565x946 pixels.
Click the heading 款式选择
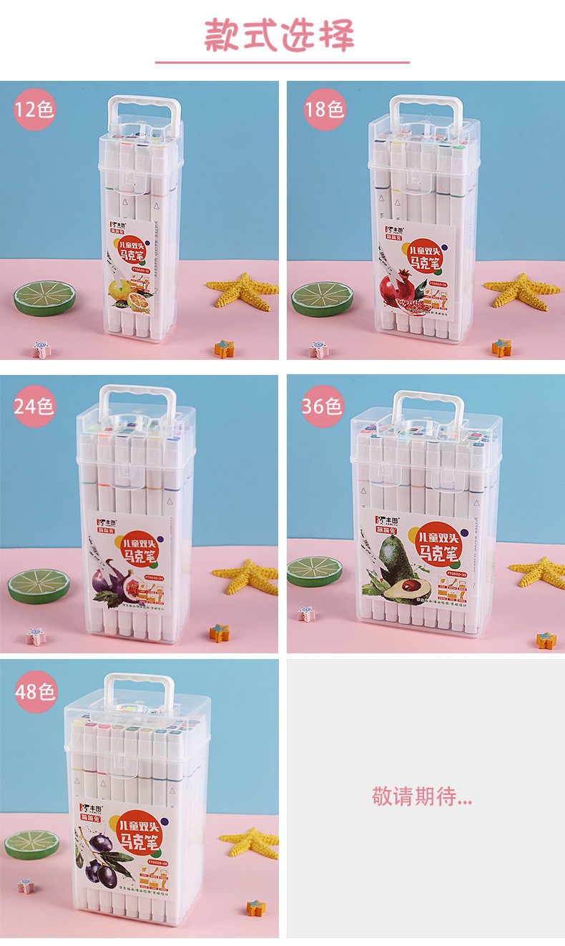click(280, 35)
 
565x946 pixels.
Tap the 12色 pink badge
click(34, 109)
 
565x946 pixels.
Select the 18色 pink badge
click(323, 109)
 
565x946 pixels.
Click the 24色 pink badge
click(34, 406)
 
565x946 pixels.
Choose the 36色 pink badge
click(322, 406)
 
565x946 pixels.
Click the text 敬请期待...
click(422, 797)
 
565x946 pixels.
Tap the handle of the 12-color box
click(144, 112)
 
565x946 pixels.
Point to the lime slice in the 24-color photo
click(39, 586)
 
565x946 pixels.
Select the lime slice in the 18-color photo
click(323, 296)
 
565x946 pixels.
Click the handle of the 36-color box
click(426, 408)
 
